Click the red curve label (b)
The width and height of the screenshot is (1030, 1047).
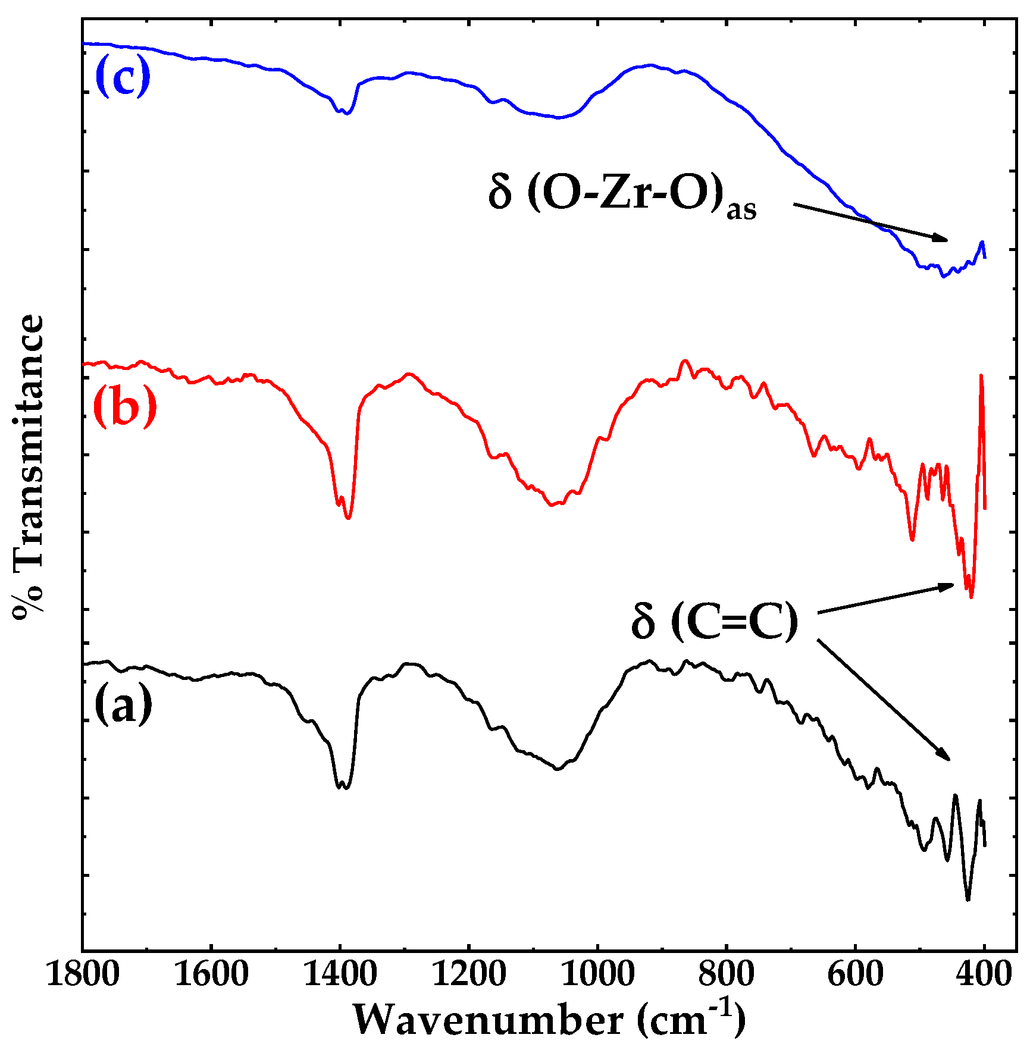tap(125, 407)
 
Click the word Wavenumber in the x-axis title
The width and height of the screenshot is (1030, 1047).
tap(488, 1020)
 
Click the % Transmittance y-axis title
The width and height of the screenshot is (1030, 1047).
tap(29, 467)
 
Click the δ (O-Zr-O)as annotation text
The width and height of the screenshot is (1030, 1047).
tap(621, 196)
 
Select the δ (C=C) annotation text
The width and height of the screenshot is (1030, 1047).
tap(715, 622)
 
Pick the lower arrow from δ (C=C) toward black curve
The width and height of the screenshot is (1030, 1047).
tap(883, 700)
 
